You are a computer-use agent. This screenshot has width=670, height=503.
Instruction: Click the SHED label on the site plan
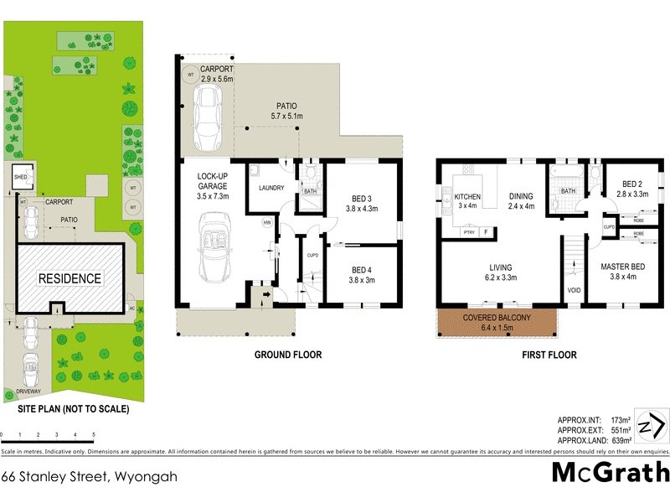[19, 177]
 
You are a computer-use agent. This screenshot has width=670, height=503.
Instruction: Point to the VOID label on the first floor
[574, 291]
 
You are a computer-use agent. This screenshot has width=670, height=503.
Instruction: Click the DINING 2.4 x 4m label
[520, 202]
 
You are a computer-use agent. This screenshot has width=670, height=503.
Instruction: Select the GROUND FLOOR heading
[288, 355]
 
